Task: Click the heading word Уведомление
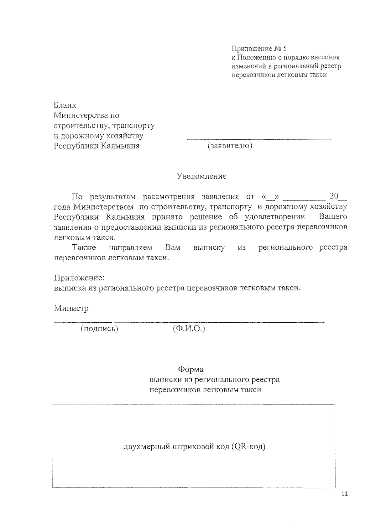[201, 176]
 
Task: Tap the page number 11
[344, 494]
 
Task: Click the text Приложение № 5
[259, 49]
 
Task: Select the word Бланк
[65, 105]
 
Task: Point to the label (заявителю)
[230, 146]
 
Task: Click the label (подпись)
[99, 329]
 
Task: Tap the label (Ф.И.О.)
[189, 329]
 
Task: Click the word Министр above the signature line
[71, 308]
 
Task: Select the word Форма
[191, 369]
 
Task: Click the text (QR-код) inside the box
[249, 446]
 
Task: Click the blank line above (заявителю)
[259, 138]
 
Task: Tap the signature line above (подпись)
[83, 321]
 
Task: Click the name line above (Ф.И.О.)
[219, 321]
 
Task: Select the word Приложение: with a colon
[79, 278]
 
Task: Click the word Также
[84, 247]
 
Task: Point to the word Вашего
[333, 217]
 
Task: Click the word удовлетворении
[275, 217]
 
